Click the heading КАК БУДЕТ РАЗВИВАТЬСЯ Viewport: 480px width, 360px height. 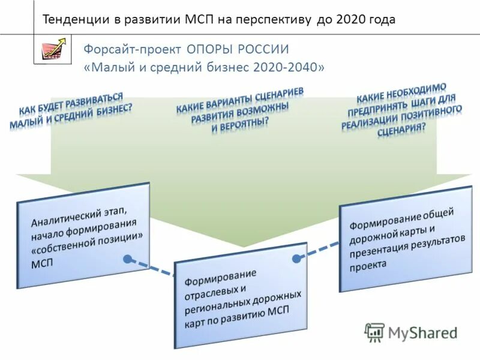(x=71, y=104)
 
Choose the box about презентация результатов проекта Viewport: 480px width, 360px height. (x=406, y=239)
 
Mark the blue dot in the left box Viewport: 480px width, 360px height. (x=128, y=259)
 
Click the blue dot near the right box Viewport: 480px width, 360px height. (x=296, y=257)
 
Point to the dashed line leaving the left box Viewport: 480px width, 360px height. (x=153, y=268)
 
